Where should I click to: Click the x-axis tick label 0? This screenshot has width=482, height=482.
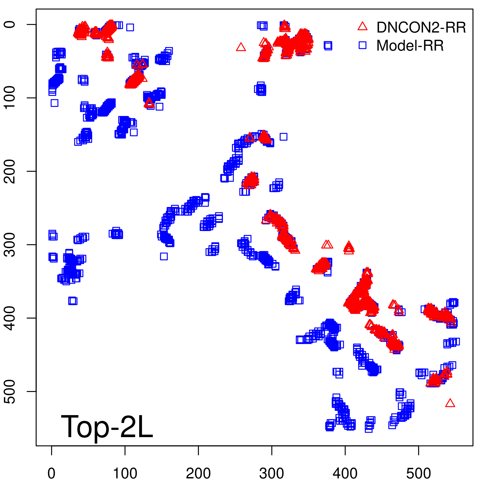(x=52, y=474)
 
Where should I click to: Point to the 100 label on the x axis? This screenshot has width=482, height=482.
(x=125, y=474)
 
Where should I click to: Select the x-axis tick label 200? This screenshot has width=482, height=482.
(x=198, y=474)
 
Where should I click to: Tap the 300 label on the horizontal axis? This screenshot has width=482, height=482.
(x=272, y=474)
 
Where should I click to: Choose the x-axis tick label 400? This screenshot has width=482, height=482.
(x=345, y=474)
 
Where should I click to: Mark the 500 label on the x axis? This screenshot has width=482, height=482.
(x=418, y=474)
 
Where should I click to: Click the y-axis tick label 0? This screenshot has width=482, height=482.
(x=10, y=24)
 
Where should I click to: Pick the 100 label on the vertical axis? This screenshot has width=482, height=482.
(x=10, y=98)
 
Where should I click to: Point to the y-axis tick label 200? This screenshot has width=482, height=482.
(x=10, y=171)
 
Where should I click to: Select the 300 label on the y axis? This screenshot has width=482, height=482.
(x=10, y=244)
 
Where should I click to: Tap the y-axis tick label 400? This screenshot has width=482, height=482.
(x=10, y=318)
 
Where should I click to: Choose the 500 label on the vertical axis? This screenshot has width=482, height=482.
(x=10, y=391)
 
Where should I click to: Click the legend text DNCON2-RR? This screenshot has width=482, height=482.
(x=421, y=27)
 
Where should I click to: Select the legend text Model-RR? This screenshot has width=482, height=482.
(x=410, y=46)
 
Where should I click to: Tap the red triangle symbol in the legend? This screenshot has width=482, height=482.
(x=362, y=27)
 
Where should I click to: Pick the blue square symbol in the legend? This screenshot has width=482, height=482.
(x=362, y=45)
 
